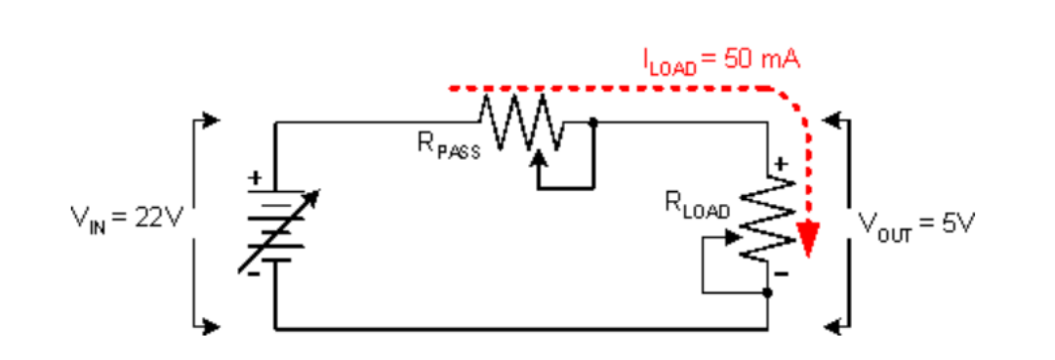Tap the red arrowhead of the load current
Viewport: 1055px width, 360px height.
807,240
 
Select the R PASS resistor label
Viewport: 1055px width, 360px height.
449,147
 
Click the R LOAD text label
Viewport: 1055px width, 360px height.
698,204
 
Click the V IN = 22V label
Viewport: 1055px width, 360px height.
127,218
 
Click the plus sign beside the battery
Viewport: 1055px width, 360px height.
255,179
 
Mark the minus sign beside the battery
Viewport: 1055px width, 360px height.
253,274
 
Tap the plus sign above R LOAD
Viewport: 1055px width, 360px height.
781,164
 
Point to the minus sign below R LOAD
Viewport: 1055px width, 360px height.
781,272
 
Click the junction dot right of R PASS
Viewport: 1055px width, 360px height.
592,123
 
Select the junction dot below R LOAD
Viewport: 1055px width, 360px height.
768,293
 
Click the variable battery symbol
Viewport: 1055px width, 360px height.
276,229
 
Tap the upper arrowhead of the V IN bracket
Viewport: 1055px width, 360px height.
211,121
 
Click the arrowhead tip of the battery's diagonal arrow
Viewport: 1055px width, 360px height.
319,190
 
